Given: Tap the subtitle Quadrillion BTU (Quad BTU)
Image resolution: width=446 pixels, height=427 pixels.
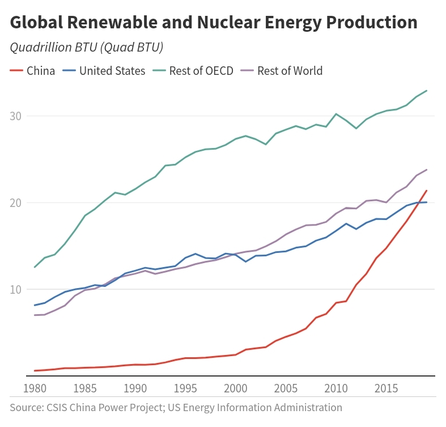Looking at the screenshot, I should click(x=87, y=48).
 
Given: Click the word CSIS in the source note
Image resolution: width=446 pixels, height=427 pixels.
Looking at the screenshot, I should click(x=57, y=407).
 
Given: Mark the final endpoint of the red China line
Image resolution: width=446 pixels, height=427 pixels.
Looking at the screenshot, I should click(x=426, y=191).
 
